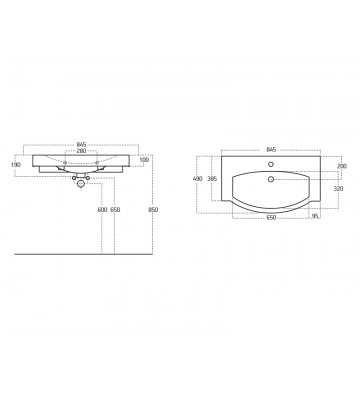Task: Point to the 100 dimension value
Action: coord(143,160)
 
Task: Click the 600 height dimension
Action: coord(102,211)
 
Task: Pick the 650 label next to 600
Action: coord(116,211)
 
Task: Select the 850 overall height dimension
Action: coord(152,211)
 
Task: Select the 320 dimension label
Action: coord(339,187)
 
